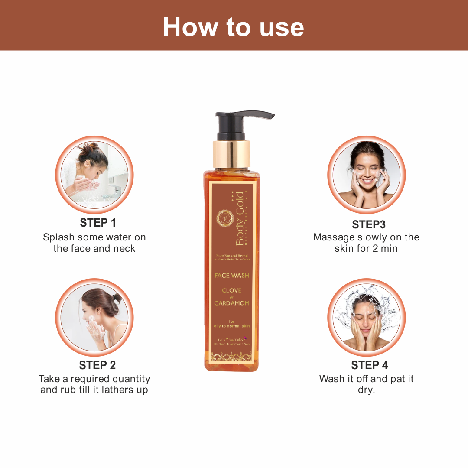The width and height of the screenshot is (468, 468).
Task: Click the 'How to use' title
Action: tap(234, 27)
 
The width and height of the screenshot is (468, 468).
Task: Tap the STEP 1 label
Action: tap(98, 223)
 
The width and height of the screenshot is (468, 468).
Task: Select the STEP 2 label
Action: tap(98, 365)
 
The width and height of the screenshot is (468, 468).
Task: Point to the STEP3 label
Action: tap(368, 224)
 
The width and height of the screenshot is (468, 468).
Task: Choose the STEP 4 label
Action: tap(369, 365)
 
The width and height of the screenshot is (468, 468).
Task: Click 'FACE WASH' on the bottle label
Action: tap(232, 276)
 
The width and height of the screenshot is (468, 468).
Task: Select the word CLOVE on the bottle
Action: tap(232, 290)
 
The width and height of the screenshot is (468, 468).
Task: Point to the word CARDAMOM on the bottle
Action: tap(232, 303)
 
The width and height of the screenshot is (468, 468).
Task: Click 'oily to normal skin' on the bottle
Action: tap(232, 326)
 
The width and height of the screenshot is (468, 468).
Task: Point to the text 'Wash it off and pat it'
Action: tap(367, 379)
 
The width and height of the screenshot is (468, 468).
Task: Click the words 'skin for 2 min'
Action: tap(366, 249)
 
